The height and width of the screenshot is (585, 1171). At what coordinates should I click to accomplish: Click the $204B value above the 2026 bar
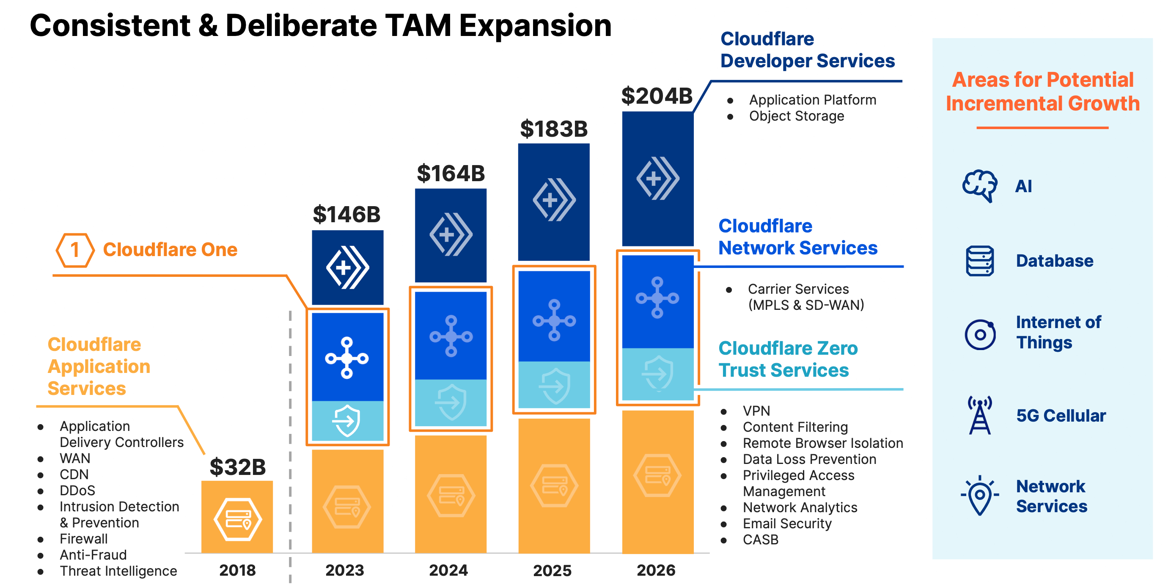click(x=657, y=96)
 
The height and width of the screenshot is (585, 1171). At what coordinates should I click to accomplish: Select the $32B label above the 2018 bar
click(x=237, y=467)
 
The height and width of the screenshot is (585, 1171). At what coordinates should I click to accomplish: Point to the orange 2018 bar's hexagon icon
click(x=237, y=519)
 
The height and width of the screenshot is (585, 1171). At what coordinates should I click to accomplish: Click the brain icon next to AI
click(x=980, y=185)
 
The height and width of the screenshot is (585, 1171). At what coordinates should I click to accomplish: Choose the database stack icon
click(x=980, y=261)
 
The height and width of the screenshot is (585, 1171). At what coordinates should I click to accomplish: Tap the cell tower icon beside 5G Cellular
click(x=980, y=415)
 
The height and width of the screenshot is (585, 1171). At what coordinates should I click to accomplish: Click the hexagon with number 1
click(x=75, y=250)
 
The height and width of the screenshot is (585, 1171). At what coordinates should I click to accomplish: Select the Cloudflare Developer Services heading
click(x=807, y=50)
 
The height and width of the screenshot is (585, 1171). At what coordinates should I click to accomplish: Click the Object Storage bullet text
click(x=796, y=116)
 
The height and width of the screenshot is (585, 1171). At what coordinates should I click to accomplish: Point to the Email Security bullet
click(x=787, y=523)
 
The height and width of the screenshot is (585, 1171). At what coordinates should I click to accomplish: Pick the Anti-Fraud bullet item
click(x=93, y=555)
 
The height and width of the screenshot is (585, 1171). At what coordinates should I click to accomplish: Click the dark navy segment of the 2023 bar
click(x=347, y=268)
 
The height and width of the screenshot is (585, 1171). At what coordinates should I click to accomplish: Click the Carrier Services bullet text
click(x=798, y=289)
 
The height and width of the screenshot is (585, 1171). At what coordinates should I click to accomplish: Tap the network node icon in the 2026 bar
click(x=657, y=298)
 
